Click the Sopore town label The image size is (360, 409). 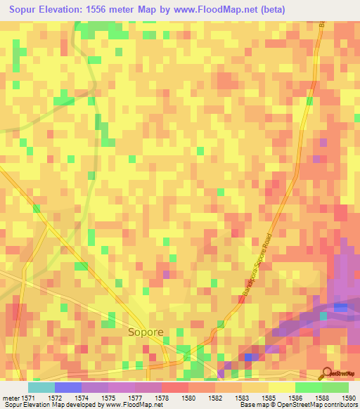(145, 332)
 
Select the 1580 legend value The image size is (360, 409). (188, 398)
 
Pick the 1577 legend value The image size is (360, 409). (134, 398)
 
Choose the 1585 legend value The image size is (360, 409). (268, 398)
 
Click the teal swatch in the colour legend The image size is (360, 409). (41, 387)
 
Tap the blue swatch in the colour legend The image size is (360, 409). (68, 387)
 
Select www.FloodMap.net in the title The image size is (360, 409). (217, 9)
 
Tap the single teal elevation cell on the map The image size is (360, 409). (323, 316)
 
